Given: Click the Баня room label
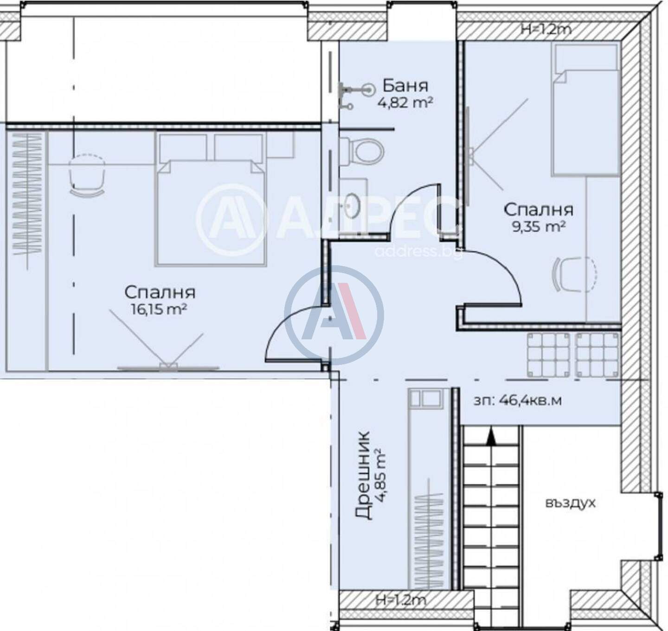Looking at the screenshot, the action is [405, 86].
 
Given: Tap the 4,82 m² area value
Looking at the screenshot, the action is [405, 102].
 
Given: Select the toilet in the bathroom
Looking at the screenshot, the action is [362, 152].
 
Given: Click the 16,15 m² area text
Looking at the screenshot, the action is [160, 309].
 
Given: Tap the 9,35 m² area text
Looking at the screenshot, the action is [538, 226].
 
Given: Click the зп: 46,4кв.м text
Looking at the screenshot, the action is [518, 401].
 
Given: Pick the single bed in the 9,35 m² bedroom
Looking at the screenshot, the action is [585, 110].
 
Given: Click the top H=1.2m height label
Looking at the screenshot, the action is [546, 29].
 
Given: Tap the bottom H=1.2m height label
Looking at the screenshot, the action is [401, 600].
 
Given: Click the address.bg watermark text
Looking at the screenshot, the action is [418, 252].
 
